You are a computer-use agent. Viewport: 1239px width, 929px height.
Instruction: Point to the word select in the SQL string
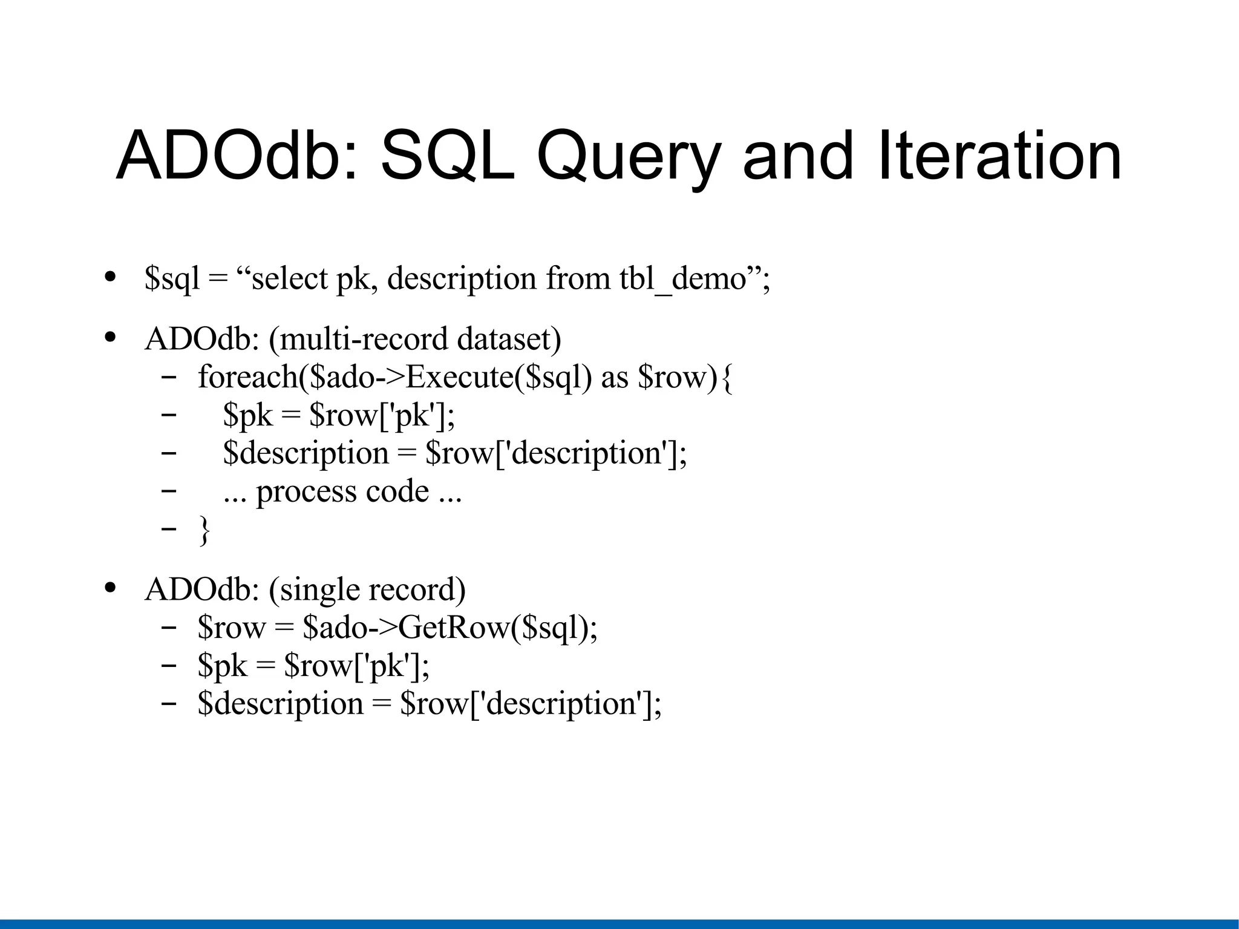[x=289, y=279]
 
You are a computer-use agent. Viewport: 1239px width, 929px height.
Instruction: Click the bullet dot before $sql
[x=110, y=277]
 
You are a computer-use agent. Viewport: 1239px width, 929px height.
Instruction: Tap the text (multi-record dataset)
[x=414, y=339]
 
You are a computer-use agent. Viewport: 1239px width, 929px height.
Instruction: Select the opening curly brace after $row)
[x=727, y=379]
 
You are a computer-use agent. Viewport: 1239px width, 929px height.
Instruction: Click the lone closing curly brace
[x=204, y=530]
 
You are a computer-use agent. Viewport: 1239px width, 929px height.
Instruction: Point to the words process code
[x=342, y=492]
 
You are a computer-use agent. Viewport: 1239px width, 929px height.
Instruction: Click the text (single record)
[x=367, y=589]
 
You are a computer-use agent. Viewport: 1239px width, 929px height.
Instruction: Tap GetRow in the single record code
[x=454, y=628]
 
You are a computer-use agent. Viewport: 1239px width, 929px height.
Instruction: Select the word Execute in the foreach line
[x=460, y=377]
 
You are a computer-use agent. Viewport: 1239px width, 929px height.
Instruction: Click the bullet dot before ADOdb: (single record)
[x=110, y=588]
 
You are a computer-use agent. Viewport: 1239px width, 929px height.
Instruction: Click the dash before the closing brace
[x=169, y=528]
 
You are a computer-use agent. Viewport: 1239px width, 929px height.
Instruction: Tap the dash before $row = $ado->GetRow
[x=169, y=626]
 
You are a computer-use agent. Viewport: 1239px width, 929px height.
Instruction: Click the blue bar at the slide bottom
[x=619, y=924]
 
